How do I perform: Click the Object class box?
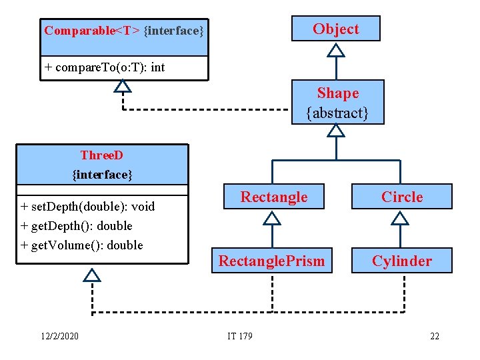(x=336, y=29)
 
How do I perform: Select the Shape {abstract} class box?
(x=337, y=103)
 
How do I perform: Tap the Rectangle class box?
(x=273, y=197)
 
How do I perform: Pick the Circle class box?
(x=401, y=197)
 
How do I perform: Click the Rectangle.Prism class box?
(x=272, y=261)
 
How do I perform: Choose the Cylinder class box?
(x=401, y=261)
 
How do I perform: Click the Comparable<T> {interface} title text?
(x=124, y=31)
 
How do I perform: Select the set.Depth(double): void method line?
(x=87, y=206)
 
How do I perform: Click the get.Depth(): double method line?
(x=77, y=225)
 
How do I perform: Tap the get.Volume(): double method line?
(x=82, y=245)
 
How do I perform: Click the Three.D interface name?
(x=102, y=155)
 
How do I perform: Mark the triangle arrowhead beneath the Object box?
(x=337, y=50)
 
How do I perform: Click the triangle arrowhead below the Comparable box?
(x=123, y=86)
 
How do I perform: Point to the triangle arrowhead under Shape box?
(x=337, y=131)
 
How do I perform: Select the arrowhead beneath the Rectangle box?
(x=272, y=217)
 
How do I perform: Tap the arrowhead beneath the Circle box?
(x=400, y=217)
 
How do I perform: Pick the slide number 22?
(x=434, y=336)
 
